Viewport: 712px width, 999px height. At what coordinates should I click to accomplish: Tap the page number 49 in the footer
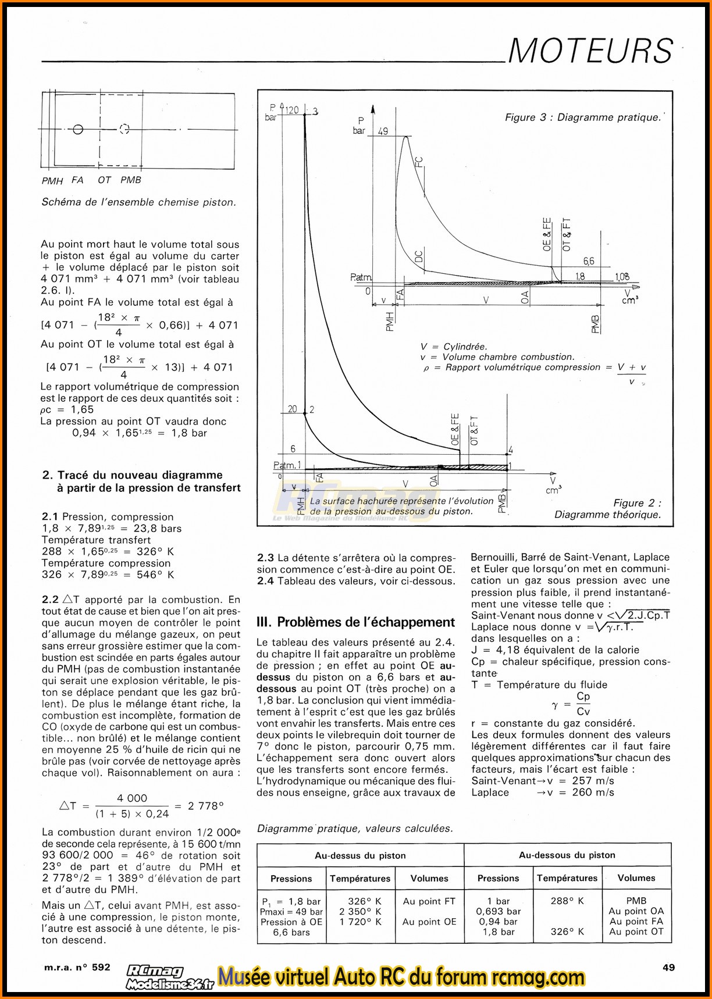668,967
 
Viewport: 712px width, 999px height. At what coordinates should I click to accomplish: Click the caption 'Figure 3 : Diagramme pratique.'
583,117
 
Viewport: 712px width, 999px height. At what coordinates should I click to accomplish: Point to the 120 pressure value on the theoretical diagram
291,110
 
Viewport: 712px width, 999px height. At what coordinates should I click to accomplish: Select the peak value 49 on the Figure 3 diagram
383,131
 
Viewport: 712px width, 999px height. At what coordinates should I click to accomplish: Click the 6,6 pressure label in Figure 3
589,262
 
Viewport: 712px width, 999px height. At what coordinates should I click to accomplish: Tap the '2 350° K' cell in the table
361,911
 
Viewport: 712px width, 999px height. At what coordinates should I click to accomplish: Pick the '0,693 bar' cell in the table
498,911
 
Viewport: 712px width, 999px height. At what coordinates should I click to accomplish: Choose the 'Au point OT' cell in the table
636,932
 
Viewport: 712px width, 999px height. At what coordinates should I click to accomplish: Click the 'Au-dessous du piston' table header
567,855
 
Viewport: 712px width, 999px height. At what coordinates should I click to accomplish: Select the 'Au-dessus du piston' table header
360,855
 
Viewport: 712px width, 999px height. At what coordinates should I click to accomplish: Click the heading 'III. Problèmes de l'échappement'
355,622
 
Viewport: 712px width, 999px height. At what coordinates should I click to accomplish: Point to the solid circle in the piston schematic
79,129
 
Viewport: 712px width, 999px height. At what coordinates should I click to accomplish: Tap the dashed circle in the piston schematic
124,129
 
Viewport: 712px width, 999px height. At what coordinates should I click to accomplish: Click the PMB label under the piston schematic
131,180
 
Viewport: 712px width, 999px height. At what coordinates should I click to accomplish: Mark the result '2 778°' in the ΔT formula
206,806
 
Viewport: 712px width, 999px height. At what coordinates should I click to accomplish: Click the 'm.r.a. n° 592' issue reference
76,967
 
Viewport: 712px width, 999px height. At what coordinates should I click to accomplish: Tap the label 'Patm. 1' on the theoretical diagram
287,465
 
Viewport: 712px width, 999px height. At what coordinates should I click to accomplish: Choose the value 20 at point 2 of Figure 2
292,409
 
